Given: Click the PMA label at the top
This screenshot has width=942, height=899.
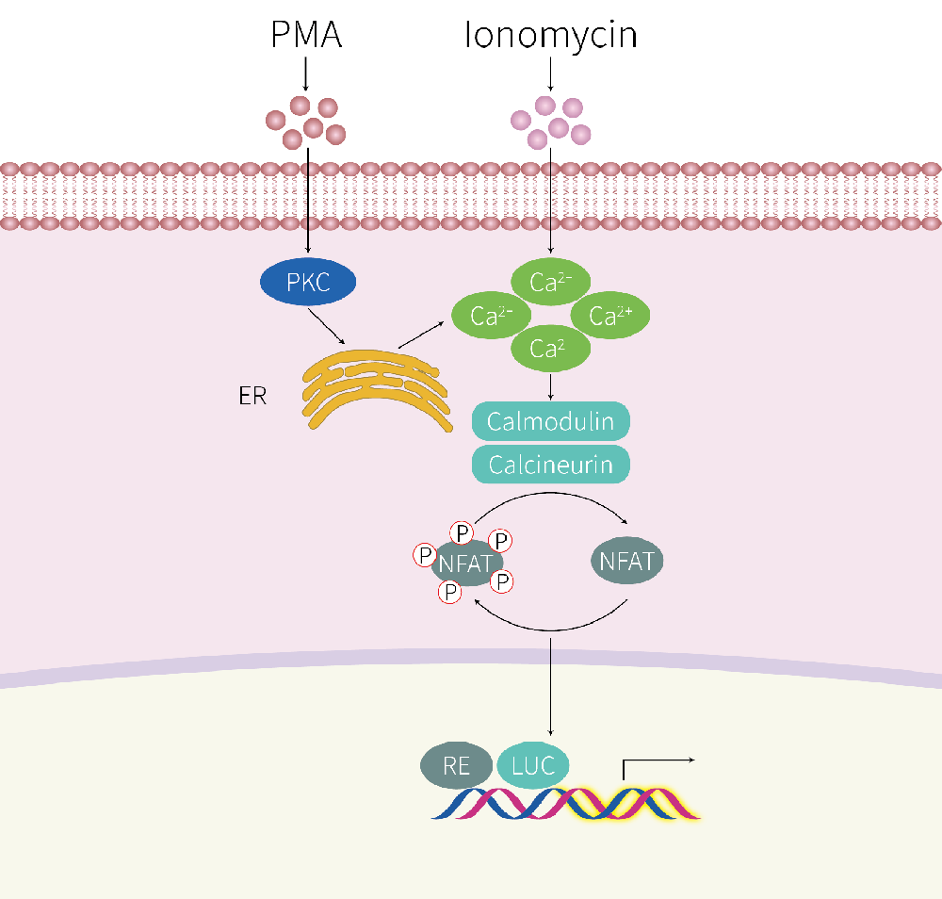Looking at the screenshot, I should point(305,35).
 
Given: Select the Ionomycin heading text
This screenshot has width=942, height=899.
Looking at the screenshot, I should point(551,35).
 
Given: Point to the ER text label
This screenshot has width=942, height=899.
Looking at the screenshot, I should point(252,395).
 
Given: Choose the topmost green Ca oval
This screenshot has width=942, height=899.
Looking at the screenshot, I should point(551,281).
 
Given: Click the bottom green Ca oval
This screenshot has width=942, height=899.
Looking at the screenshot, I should point(550,350).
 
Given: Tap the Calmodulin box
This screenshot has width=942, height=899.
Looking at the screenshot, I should point(550,420).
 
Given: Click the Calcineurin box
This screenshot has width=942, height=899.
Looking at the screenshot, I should point(550,465).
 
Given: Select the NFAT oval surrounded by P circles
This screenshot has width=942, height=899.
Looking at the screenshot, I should point(464,564).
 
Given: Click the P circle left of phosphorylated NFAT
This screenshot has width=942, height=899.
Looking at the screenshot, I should point(425,555).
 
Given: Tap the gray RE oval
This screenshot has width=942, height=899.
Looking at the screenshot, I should point(456,766).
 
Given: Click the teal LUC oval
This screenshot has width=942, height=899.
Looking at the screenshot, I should point(533,765).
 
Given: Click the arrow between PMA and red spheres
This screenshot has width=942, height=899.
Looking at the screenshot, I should point(305,73).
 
